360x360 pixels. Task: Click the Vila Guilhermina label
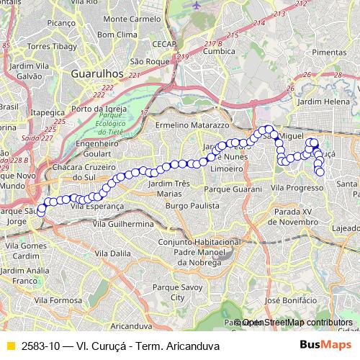[x=123, y=224]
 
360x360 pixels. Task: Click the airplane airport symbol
[x=197, y=5]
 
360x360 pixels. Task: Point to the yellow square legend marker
[x=10, y=346]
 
